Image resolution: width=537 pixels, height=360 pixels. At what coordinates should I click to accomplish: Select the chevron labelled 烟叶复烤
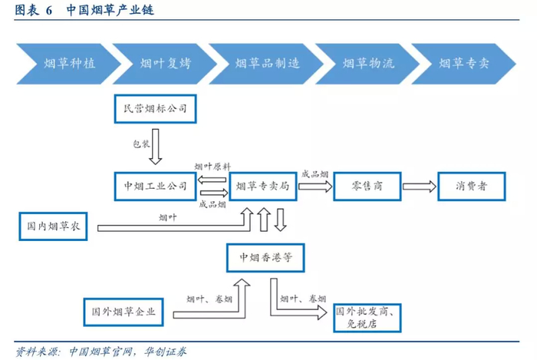tap(161, 62)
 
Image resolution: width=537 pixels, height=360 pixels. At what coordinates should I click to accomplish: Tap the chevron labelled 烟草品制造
tap(262, 62)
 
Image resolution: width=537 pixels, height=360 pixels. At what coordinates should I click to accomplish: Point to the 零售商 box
tap(367, 186)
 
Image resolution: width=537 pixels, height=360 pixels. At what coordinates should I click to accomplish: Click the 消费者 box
tap(471, 186)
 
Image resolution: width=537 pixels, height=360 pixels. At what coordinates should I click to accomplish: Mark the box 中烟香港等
tap(265, 257)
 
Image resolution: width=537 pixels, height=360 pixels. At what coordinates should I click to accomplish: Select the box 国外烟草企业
tap(123, 312)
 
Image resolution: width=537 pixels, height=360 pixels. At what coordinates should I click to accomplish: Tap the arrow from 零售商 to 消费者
tap(420, 186)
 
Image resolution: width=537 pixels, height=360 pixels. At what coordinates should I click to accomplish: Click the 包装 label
tap(141, 143)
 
